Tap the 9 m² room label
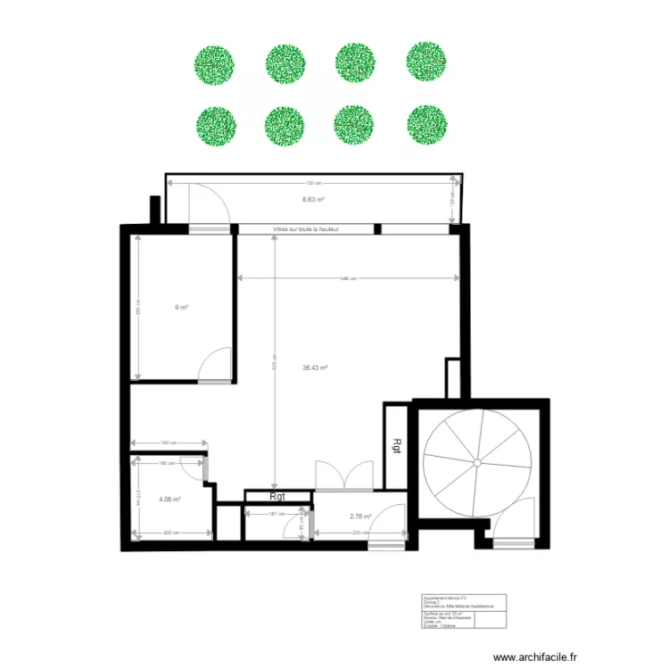(182, 307)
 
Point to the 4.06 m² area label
(169, 500)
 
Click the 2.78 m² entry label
(360, 516)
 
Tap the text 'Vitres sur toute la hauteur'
(306, 229)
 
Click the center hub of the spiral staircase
(479, 462)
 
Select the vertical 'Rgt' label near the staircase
(396, 445)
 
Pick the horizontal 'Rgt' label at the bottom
(277, 497)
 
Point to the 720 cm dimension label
(310, 184)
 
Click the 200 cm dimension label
(170, 533)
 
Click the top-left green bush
(215, 63)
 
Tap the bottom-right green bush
(425, 125)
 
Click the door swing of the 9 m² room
(215, 366)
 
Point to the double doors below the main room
(343, 475)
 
